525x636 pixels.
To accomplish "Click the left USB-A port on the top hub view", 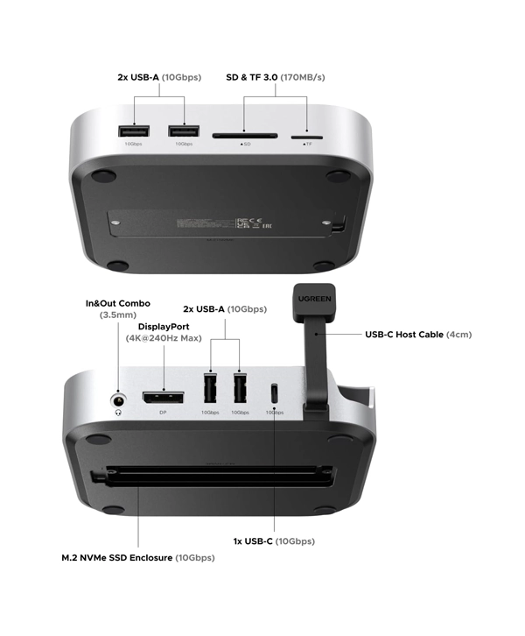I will pyautogui.click(x=134, y=131).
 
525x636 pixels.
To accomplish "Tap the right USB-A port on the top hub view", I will pyautogui.click(x=183, y=131).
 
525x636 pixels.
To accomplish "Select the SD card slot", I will pyautogui.click(x=245, y=136).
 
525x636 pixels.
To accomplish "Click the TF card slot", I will pyautogui.click(x=306, y=136).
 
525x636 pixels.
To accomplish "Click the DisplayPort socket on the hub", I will pyautogui.click(x=163, y=399).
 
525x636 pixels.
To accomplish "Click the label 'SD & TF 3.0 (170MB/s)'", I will pyautogui.click(x=276, y=77).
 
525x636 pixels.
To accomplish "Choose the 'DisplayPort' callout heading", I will pyautogui.click(x=164, y=326).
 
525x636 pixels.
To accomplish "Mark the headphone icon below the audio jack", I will pyautogui.click(x=118, y=413).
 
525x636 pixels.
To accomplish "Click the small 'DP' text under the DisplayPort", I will pyautogui.click(x=163, y=413).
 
